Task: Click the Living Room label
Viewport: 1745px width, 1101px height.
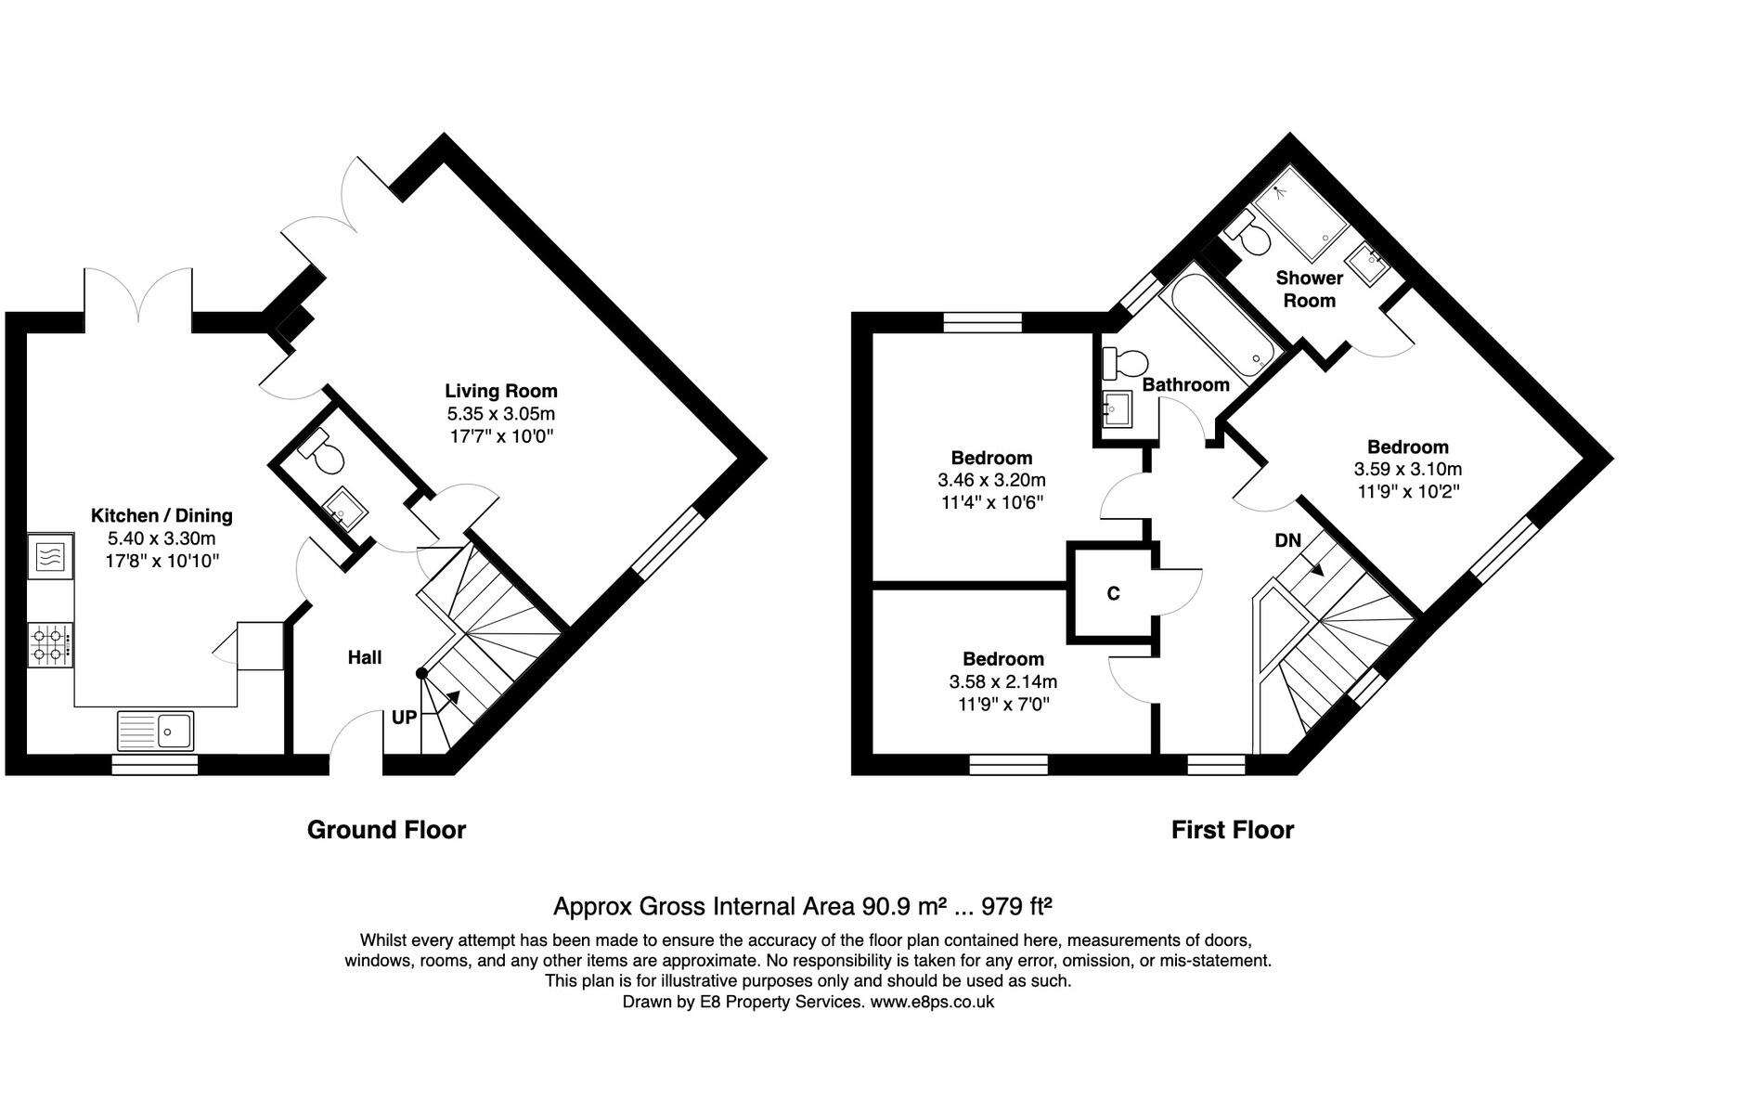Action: [x=501, y=391]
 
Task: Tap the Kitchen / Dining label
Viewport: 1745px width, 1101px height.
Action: [x=162, y=515]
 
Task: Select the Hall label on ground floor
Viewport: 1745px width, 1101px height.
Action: [x=365, y=657]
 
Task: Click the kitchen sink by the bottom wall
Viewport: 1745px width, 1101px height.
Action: [x=155, y=731]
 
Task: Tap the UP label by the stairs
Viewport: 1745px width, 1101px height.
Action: [x=405, y=717]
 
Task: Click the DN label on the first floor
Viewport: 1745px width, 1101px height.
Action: [x=1287, y=540]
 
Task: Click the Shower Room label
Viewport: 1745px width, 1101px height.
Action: [x=1309, y=289]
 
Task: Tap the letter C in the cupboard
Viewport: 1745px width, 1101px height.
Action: [x=1114, y=593]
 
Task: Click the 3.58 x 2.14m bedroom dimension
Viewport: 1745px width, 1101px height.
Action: [x=1003, y=681]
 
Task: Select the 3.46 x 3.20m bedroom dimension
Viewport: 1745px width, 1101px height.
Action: [x=991, y=480]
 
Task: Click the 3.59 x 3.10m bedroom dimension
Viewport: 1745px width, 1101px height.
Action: [x=1408, y=469]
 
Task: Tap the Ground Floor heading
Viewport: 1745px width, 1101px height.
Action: [x=386, y=829]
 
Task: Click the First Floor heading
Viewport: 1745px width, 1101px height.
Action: [x=1233, y=829]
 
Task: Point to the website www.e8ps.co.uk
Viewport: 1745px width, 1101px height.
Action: [x=932, y=1002]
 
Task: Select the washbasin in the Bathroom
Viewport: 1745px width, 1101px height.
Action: [x=1118, y=408]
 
